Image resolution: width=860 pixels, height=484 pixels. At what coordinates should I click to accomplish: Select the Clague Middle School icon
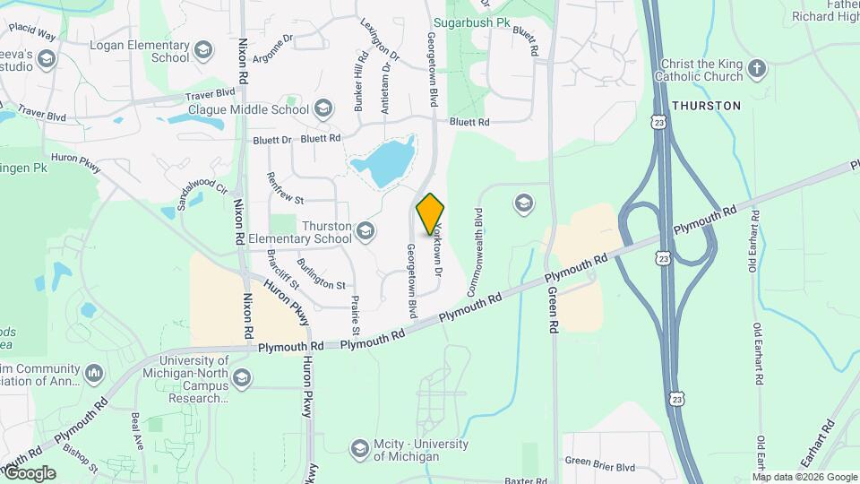322,109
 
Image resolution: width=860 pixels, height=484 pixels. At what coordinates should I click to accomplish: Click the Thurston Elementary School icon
365,232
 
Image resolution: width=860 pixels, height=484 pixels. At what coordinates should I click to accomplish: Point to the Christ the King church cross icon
758,69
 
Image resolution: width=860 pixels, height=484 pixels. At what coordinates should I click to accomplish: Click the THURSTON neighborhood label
707,106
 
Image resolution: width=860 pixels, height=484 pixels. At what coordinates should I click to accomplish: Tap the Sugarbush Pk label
471,21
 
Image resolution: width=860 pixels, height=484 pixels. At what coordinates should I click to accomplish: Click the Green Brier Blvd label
599,466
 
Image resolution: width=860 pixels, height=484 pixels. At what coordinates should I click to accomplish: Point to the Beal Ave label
137,431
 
